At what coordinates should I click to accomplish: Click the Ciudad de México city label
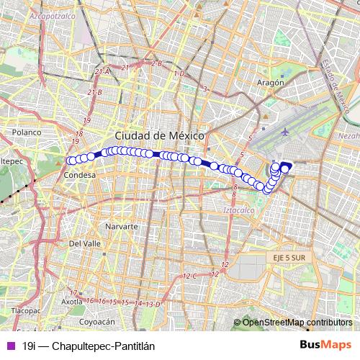[x=160, y=136]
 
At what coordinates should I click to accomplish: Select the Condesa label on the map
[x=80, y=175]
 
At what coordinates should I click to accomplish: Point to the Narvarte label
[x=121, y=226]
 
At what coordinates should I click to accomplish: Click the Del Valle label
[x=84, y=243]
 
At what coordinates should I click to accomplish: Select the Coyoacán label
[x=97, y=322]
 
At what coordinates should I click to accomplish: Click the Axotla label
[x=71, y=302]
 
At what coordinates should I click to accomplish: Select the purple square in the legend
[x=10, y=346]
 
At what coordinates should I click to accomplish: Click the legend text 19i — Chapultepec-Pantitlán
[x=89, y=346]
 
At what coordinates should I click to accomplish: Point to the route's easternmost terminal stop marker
[x=287, y=168]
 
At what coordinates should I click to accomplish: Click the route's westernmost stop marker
[x=71, y=161]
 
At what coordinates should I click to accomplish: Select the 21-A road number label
[x=102, y=71]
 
